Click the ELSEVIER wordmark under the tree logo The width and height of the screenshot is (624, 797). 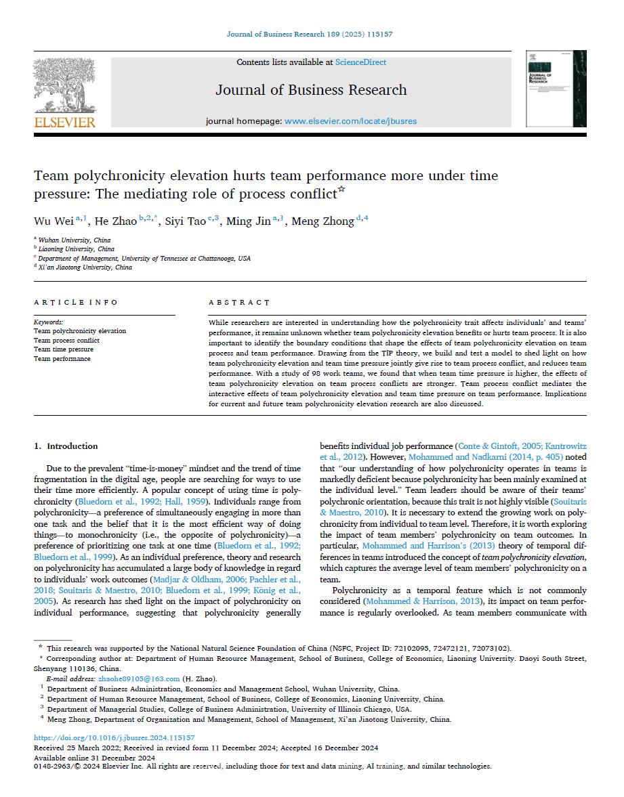(x=65, y=122)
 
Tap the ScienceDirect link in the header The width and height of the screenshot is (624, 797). (x=360, y=62)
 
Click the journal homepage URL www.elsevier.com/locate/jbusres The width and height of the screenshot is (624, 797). (x=350, y=121)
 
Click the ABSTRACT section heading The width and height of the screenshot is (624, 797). (x=239, y=302)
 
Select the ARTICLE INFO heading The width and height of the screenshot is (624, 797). (x=75, y=302)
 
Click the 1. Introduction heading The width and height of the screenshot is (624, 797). (x=66, y=446)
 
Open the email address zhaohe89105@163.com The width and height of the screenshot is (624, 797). (x=148, y=678)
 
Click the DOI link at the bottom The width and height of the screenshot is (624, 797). (x=115, y=737)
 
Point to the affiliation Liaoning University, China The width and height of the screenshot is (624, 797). (x=77, y=249)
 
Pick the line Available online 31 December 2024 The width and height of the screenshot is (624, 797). (x=95, y=757)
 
